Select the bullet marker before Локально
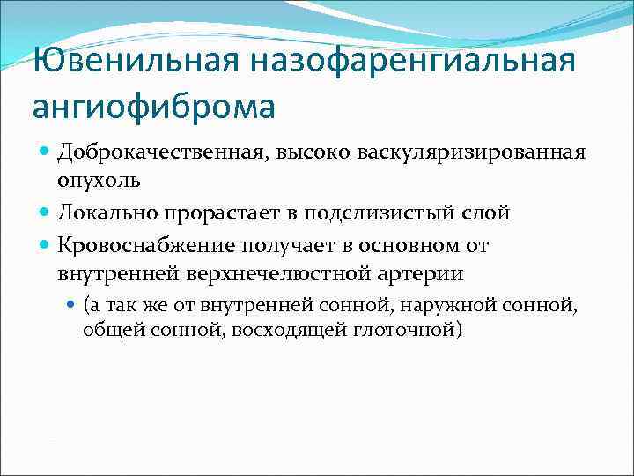point(45,212)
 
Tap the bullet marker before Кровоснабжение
point(45,244)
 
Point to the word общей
point(109,331)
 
